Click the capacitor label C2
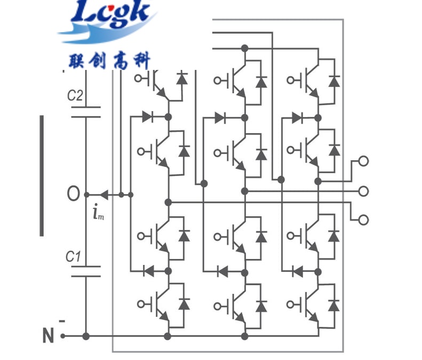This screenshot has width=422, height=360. [75, 96]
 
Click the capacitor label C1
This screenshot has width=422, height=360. [74, 257]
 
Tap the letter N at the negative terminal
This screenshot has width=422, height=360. [49, 336]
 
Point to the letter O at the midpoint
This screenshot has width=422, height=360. [73, 194]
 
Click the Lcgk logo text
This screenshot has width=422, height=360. [112, 13]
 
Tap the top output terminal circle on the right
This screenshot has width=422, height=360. [364, 161]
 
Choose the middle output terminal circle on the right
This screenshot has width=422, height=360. [364, 191]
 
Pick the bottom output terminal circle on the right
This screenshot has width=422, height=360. [364, 220]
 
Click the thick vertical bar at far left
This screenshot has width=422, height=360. [41, 175]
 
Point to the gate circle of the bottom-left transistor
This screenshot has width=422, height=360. [141, 304]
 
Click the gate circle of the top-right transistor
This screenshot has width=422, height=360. [290, 80]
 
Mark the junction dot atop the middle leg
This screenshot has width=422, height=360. [245, 48]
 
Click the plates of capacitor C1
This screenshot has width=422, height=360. [86, 271]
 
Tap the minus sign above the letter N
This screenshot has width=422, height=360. [62, 321]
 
